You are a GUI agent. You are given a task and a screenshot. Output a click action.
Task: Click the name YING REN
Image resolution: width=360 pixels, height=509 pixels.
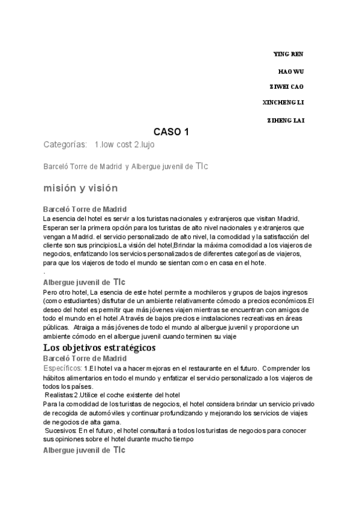[x=288, y=55]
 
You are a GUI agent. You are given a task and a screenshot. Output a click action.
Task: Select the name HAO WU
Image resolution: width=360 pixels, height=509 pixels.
[x=291, y=71]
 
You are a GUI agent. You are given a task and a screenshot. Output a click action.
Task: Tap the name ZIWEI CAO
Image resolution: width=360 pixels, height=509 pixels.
[x=287, y=86]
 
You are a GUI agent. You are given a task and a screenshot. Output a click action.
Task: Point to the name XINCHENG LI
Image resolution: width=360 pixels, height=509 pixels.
[x=283, y=102]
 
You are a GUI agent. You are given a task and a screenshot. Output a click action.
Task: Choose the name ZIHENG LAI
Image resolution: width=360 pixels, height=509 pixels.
[x=286, y=121]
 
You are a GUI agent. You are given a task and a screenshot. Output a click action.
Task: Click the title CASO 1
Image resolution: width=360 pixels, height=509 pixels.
[x=171, y=132]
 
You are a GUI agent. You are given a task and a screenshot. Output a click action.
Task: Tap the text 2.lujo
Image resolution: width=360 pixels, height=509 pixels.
[x=149, y=145]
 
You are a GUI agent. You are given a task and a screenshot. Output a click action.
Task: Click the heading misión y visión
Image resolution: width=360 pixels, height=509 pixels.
[x=80, y=188]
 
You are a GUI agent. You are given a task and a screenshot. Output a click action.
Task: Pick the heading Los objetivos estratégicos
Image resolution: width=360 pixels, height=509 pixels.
[x=100, y=348]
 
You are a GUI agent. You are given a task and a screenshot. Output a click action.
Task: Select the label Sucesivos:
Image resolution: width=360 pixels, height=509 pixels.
[x=61, y=431]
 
